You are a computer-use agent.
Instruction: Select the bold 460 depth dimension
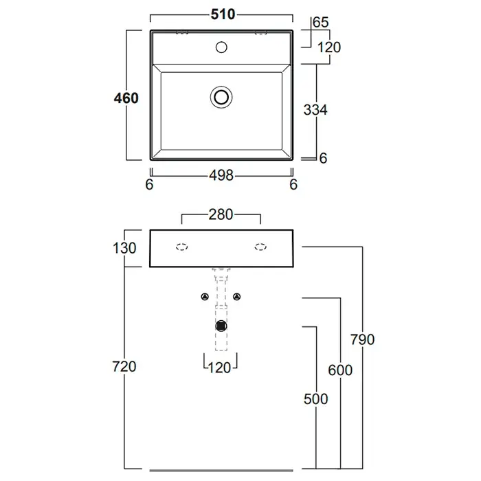tap(126, 98)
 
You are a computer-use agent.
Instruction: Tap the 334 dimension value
tap(315, 109)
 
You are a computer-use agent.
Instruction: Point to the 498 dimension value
tap(221, 175)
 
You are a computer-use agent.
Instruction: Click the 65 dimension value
tap(320, 23)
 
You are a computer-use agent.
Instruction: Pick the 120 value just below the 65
tap(329, 47)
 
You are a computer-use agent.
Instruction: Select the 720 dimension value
tap(125, 366)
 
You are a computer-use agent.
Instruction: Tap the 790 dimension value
tap(361, 339)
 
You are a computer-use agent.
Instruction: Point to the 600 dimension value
tap(339, 370)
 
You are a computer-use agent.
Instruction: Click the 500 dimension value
tap(315, 399)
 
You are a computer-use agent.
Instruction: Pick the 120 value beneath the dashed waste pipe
tap(220, 367)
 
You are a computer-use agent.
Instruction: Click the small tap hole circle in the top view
tap(221, 47)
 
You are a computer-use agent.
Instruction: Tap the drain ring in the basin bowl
tap(221, 97)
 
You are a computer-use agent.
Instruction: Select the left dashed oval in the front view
tap(183, 247)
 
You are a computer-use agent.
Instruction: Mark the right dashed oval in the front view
tap(260, 247)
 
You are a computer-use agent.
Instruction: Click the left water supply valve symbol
tap(204, 297)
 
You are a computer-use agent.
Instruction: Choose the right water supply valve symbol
tap(238, 297)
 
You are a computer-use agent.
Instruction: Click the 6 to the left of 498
tap(149, 183)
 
